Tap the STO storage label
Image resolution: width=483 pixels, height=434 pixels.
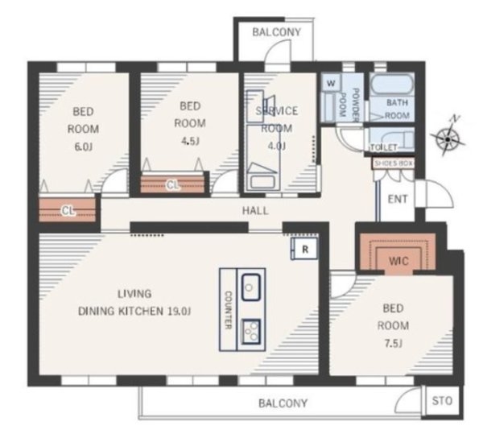tap(442, 401)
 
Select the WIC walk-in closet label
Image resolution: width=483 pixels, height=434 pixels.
tap(398, 261)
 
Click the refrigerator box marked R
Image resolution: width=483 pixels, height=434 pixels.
tap(305, 249)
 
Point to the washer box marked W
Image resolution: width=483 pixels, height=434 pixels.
tap(331, 83)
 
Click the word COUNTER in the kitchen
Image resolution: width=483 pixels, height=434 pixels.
tap(229, 310)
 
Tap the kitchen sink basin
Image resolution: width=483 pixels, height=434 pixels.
tap(250, 287)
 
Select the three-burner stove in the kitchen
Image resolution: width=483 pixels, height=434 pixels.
tap(250, 332)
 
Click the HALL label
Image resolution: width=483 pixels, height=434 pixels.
tap(255, 211)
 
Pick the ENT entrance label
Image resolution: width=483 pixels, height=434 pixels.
tap(398, 200)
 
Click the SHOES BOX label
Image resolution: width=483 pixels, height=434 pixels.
tap(394, 163)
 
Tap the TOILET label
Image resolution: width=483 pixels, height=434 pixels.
tap(384, 147)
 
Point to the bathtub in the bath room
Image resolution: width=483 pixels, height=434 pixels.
tap(391, 84)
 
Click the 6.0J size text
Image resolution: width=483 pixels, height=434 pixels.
tap(83, 147)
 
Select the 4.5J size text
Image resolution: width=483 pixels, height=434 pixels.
tap(190, 141)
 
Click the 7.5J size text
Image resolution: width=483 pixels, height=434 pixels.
tap(393, 344)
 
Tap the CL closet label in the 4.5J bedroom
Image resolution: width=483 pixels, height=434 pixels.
tap(172, 185)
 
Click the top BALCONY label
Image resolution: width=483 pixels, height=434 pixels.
tap(276, 32)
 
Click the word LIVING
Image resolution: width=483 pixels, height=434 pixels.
tap(134, 294)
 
